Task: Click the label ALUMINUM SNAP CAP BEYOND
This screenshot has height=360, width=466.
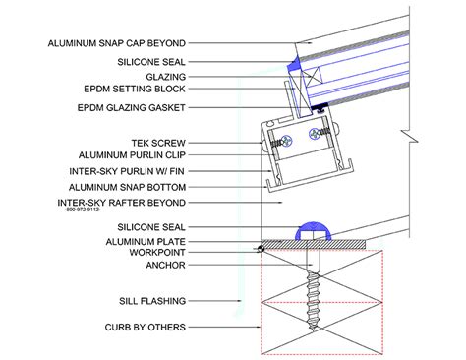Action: pyautogui.click(x=117, y=43)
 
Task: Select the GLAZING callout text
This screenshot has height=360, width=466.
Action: pyautogui.click(x=166, y=77)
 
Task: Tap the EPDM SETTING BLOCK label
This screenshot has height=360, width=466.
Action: pyautogui.click(x=135, y=89)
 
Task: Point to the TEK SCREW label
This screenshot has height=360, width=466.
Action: pyautogui.click(x=158, y=143)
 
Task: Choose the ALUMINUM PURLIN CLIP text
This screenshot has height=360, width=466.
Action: pyautogui.click(x=132, y=155)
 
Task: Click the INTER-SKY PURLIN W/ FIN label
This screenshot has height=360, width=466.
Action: pyautogui.click(x=127, y=171)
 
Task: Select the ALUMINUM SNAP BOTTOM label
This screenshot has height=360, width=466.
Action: pyautogui.click(x=127, y=187)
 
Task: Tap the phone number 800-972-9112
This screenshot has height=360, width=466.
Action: pyautogui.click(x=83, y=210)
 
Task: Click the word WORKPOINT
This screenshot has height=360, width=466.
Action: pyautogui.click(x=157, y=252)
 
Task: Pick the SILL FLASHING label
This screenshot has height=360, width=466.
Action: pyautogui.click(x=152, y=301)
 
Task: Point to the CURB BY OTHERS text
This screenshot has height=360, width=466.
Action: pyautogui.click(x=146, y=327)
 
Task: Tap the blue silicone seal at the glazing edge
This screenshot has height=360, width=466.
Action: pyautogui.click(x=295, y=65)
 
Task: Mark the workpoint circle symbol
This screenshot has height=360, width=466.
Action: pyautogui.click(x=261, y=249)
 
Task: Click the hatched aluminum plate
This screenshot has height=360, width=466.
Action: pyautogui.click(x=313, y=244)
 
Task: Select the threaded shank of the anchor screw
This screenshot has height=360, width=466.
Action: pyautogui.click(x=314, y=301)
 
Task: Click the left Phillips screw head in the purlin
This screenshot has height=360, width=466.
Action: pyautogui.click(x=287, y=141)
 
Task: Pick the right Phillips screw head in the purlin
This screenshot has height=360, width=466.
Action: pyautogui.click(x=314, y=133)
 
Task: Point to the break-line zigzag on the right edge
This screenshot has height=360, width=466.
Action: pyautogui.click(x=410, y=136)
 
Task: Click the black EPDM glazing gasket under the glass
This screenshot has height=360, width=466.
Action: pyautogui.click(x=320, y=107)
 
